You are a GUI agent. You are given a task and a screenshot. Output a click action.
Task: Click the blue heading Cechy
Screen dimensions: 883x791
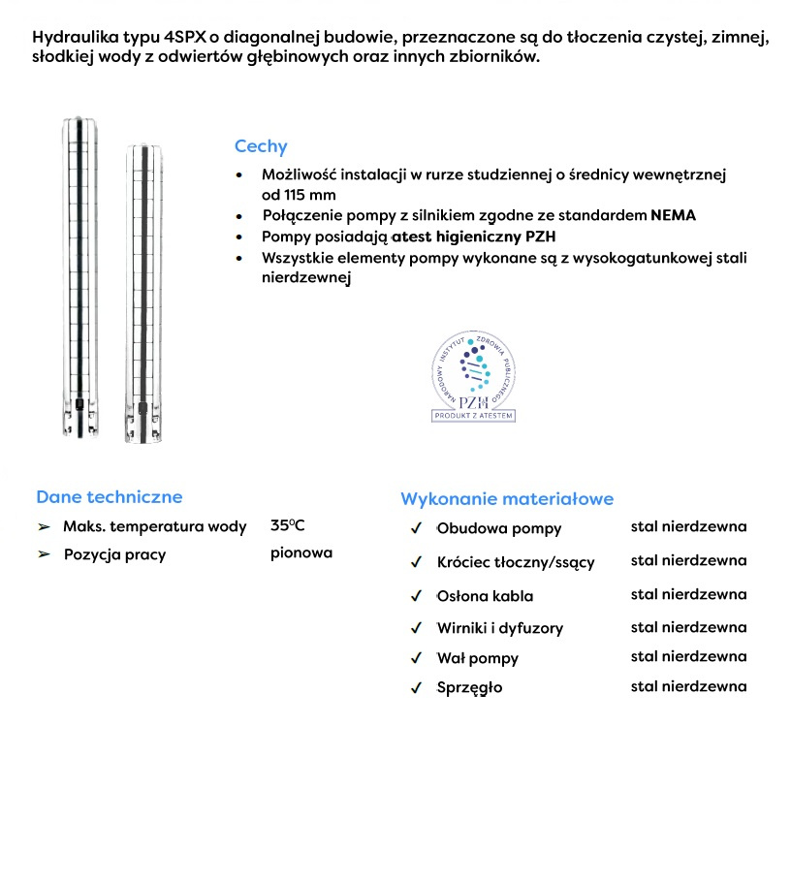click(x=261, y=146)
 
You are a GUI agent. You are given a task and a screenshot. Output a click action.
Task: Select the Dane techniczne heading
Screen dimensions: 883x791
click(x=109, y=496)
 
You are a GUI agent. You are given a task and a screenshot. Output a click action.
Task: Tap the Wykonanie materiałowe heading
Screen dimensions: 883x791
click(x=506, y=498)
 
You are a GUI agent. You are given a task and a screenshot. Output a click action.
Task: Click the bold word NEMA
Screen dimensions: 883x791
click(x=673, y=214)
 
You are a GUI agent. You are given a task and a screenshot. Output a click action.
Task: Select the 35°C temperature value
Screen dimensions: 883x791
click(x=288, y=526)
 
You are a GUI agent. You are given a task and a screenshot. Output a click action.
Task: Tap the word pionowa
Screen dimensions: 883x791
click(x=301, y=552)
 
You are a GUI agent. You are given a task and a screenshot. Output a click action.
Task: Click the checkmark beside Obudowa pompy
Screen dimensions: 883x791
click(x=416, y=528)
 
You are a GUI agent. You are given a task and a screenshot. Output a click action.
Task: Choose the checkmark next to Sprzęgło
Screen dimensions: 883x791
click(x=416, y=688)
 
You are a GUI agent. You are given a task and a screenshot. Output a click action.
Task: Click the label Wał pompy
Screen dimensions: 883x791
click(x=478, y=658)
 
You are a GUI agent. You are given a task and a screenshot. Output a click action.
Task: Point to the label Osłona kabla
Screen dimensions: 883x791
click(x=485, y=595)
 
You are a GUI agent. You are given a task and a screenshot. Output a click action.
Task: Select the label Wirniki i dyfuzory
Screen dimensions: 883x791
click(x=499, y=627)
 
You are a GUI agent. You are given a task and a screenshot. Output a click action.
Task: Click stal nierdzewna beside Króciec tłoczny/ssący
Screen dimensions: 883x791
click(x=688, y=560)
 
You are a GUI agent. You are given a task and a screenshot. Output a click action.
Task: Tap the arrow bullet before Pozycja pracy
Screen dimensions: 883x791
click(x=44, y=554)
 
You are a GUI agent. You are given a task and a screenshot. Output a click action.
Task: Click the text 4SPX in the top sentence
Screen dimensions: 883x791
click(x=185, y=37)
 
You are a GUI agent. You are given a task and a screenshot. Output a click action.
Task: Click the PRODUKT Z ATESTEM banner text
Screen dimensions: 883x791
click(x=473, y=416)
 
